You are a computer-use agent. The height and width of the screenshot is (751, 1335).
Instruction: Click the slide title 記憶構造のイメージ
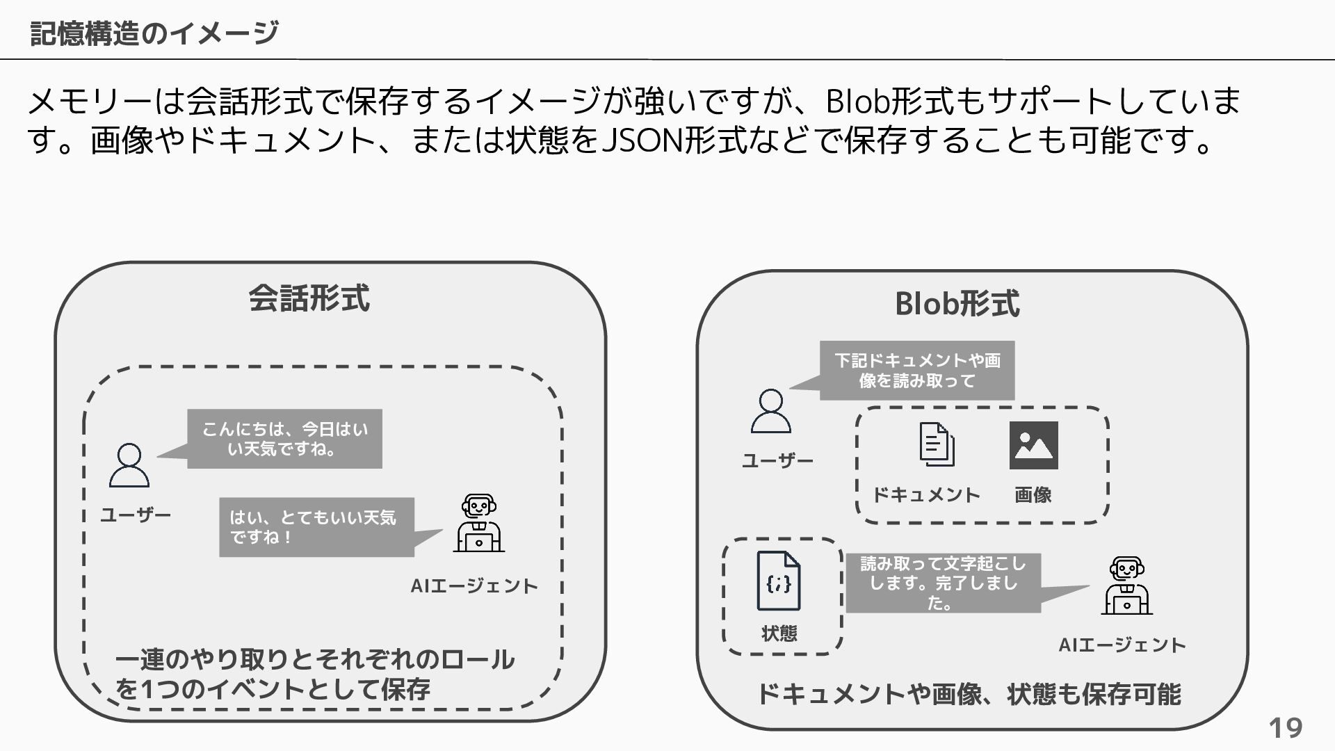pos(154,33)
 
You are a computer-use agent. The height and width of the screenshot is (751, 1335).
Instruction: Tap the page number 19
pos(1285,728)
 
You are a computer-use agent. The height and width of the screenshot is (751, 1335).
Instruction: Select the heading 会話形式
pos(309,298)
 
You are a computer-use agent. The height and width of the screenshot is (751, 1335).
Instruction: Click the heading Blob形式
pos(957,304)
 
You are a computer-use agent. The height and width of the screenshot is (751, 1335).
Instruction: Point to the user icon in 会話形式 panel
pos(129,465)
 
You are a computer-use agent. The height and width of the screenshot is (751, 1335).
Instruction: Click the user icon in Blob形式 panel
pos(770,411)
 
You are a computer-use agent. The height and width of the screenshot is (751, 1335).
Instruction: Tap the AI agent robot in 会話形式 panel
pos(478,523)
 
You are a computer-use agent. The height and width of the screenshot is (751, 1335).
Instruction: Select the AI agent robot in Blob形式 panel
pos(1126,586)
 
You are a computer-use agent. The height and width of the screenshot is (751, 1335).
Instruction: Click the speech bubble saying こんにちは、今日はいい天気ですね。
pos(284,439)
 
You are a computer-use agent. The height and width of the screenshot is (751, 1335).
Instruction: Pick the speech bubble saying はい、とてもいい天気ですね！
pos(316,527)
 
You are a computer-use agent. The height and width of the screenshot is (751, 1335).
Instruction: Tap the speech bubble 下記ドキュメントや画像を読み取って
pos(916,371)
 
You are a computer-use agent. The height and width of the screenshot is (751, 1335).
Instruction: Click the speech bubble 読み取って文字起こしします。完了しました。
pos(943,583)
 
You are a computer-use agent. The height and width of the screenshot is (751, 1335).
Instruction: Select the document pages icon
pos(936,444)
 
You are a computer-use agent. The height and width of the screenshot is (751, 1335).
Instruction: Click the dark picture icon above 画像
pos(1033,445)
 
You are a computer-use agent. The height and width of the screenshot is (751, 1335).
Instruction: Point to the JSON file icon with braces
pos(779,581)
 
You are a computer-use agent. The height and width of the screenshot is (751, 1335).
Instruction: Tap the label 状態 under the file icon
pos(779,633)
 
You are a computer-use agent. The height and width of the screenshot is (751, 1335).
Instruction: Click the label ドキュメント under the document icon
pos(926,495)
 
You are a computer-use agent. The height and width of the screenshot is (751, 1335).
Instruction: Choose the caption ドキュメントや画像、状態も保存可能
pos(968,694)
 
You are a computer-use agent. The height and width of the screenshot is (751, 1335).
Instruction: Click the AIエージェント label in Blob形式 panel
pos(1122,645)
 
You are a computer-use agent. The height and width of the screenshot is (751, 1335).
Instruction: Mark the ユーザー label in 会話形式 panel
pos(136,515)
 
